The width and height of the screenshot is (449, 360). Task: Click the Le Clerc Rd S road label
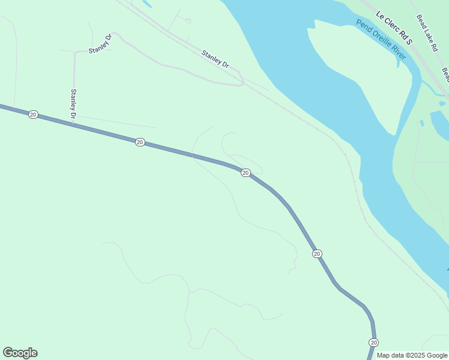click(x=394, y=28)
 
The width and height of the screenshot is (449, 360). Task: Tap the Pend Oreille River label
click(x=381, y=40)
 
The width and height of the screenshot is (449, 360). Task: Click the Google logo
click(x=20, y=353)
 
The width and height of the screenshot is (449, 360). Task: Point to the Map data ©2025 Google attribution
click(x=412, y=355)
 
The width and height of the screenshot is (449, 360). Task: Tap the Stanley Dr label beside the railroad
click(x=215, y=58)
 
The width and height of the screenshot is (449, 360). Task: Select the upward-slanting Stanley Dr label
click(x=100, y=44)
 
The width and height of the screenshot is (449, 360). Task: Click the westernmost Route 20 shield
click(x=33, y=114)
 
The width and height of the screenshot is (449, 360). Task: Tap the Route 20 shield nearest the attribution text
click(x=373, y=342)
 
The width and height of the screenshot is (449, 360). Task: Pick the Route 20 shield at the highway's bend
click(x=246, y=173)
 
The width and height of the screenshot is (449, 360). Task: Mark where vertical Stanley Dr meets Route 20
click(x=74, y=124)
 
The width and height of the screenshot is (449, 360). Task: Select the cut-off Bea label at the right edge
click(x=445, y=75)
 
